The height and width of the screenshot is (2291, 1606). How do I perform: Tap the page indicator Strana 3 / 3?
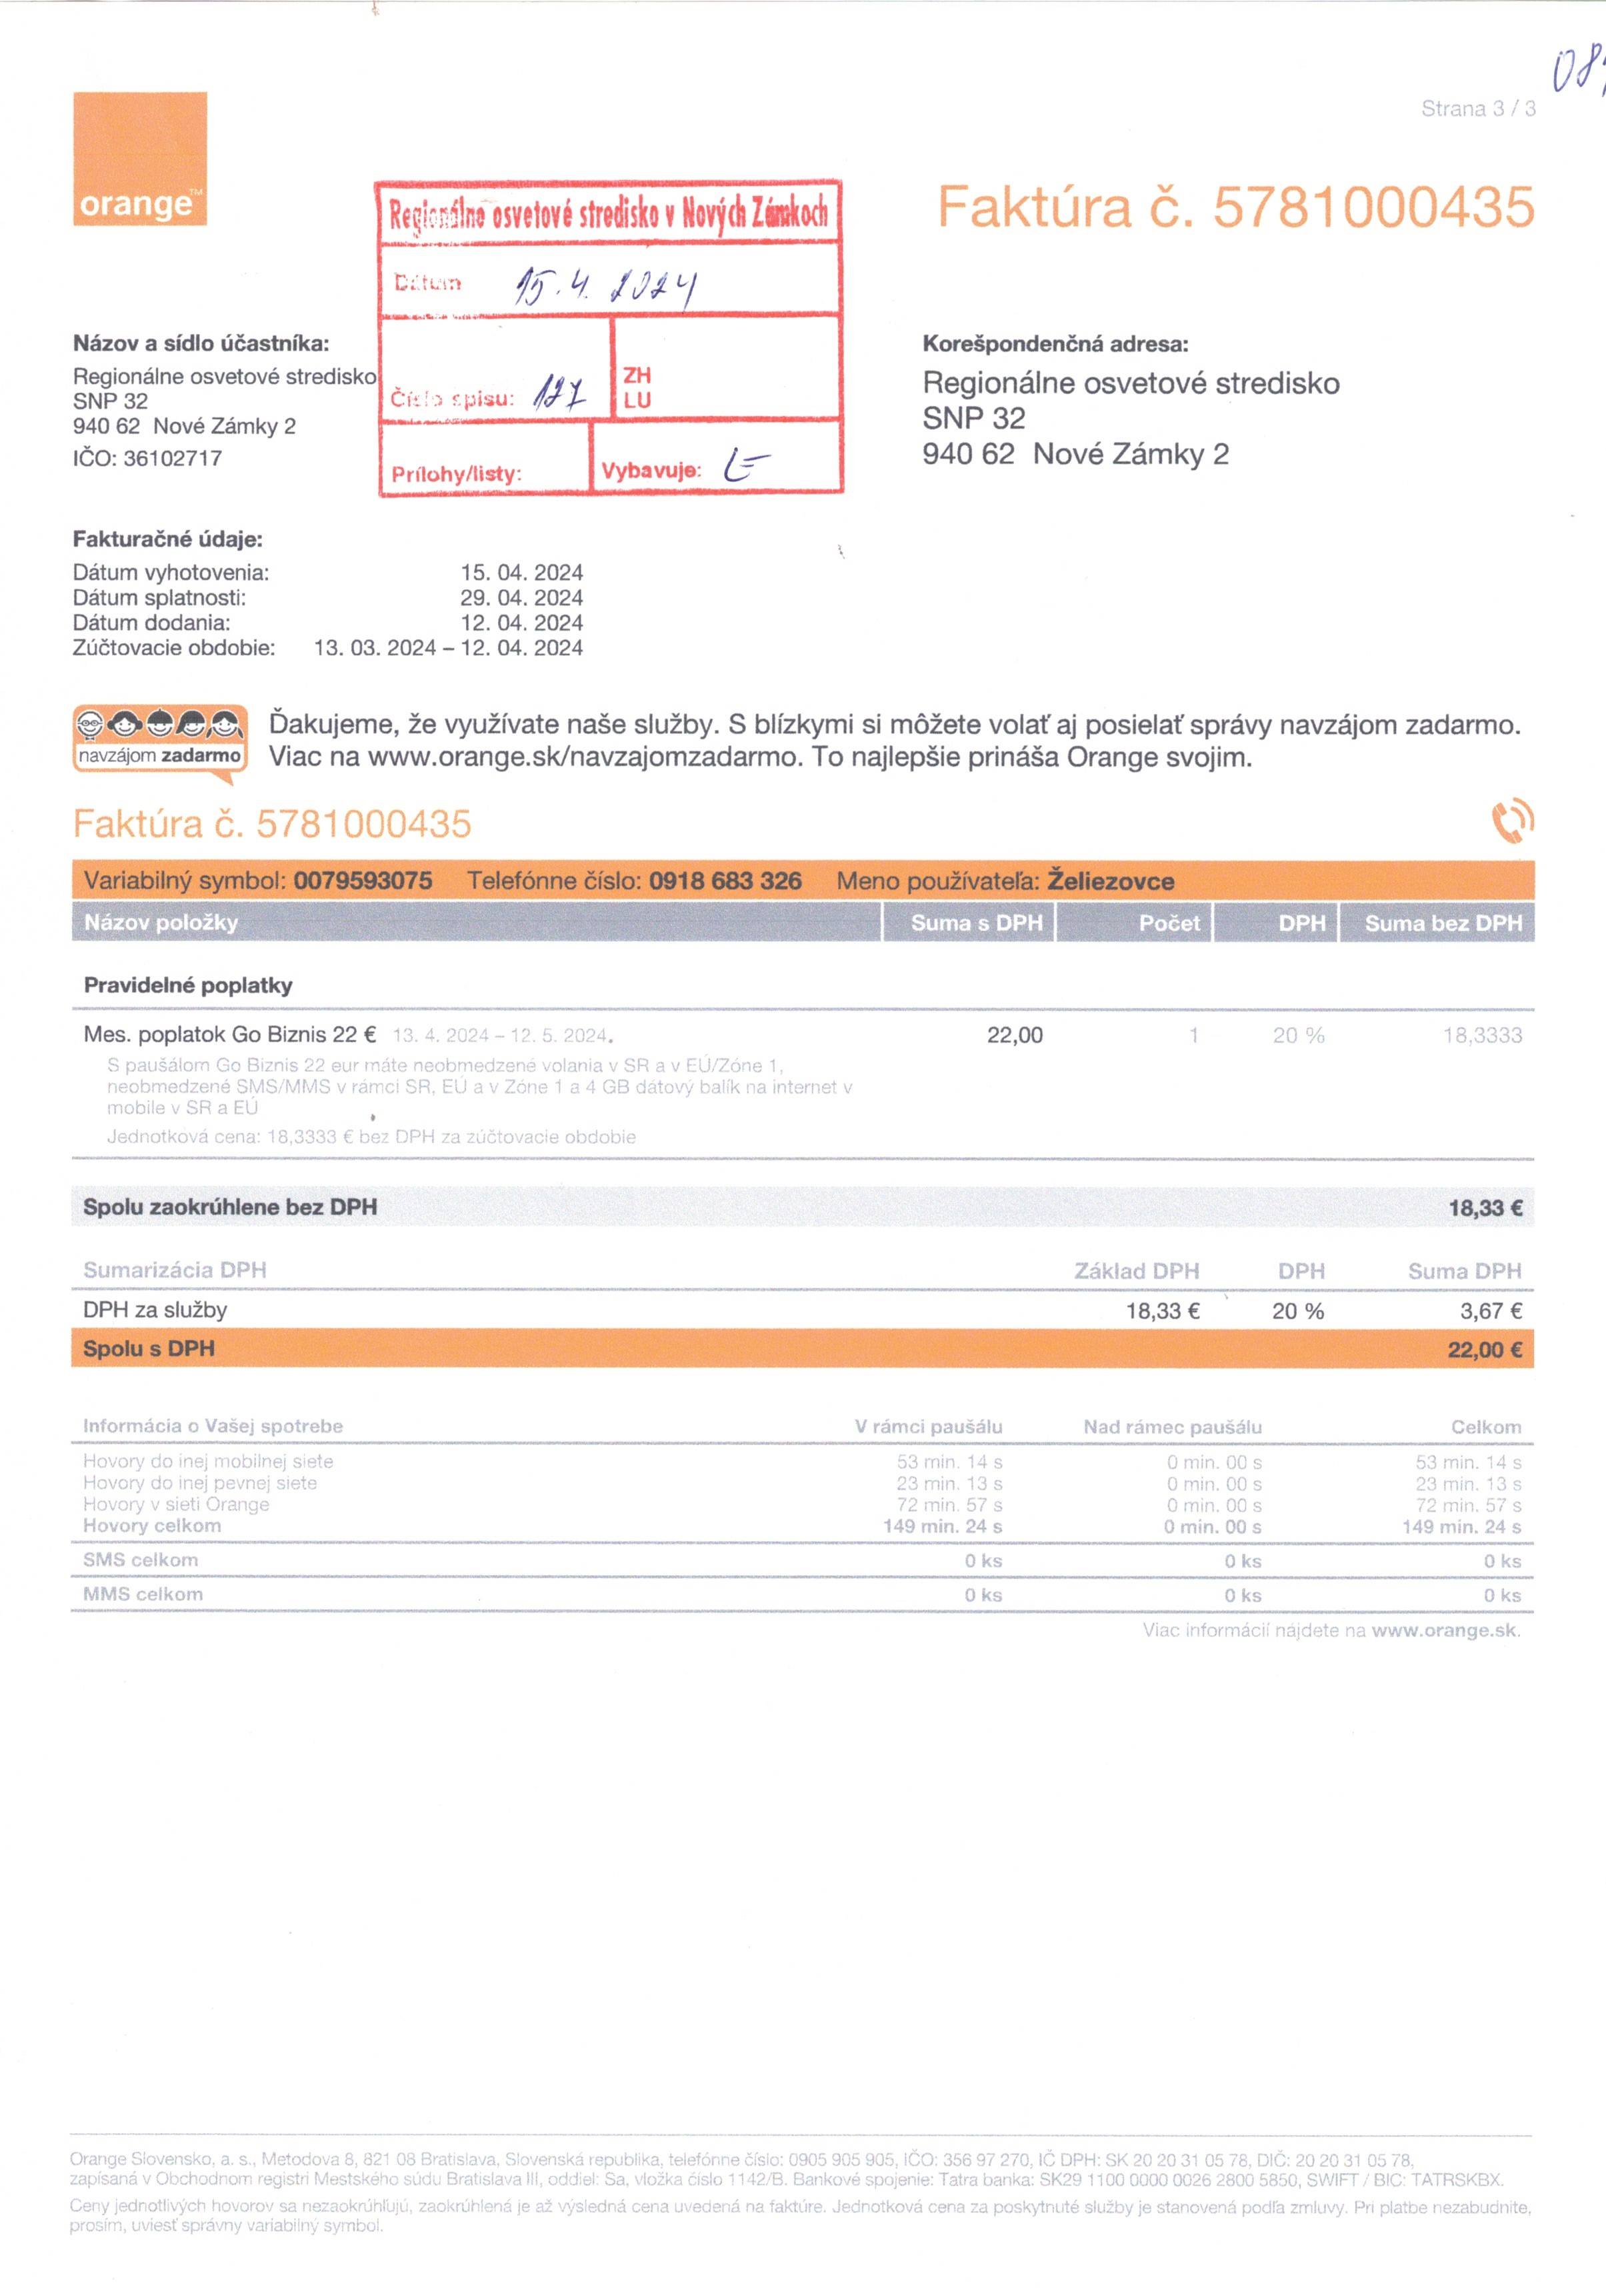(x=1477, y=109)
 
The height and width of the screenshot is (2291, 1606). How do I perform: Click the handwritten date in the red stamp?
(x=604, y=287)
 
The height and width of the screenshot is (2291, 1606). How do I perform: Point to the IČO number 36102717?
(x=172, y=459)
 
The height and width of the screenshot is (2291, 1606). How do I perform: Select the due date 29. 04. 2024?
(x=521, y=598)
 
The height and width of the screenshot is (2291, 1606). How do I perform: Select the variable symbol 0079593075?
(x=362, y=881)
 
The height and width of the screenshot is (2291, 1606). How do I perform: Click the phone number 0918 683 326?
(x=725, y=881)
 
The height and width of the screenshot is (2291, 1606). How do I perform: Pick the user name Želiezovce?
(x=1110, y=881)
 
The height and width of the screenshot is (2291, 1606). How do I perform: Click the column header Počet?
(x=1169, y=923)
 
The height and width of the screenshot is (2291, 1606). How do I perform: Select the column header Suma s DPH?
(x=976, y=923)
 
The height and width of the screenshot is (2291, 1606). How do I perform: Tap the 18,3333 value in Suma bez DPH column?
(x=1481, y=1036)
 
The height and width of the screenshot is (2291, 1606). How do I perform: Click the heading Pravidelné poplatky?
(x=187, y=986)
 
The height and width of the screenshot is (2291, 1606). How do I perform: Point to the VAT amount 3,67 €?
(x=1490, y=1311)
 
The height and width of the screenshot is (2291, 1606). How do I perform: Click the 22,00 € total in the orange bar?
(x=1484, y=1350)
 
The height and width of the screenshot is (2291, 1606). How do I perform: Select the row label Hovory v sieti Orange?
(x=176, y=1504)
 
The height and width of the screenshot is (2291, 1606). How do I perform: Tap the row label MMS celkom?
(x=143, y=1594)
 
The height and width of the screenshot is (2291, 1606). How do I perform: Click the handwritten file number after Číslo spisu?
(x=559, y=395)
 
